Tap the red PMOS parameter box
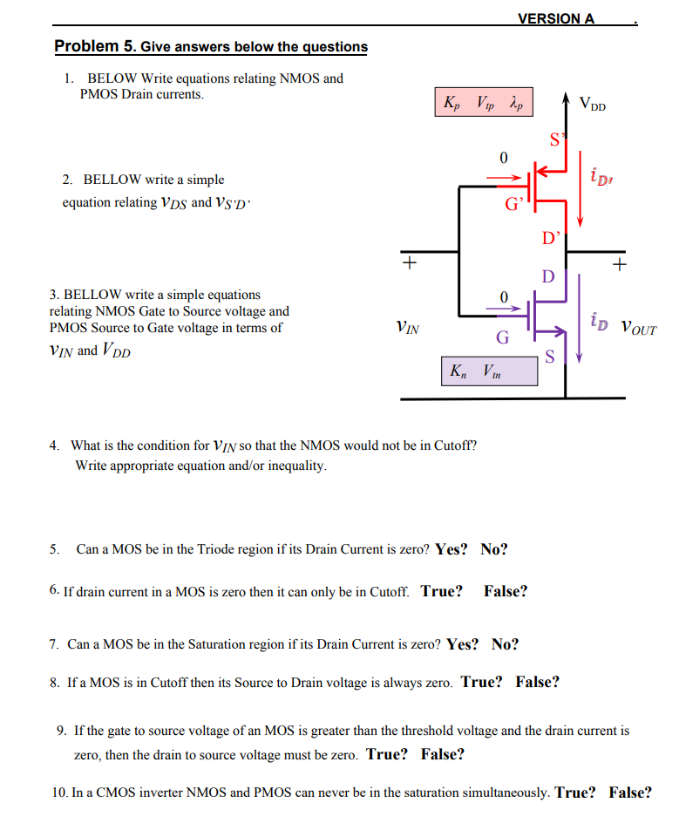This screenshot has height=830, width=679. tap(482, 102)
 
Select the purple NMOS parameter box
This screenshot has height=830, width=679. tap(489, 371)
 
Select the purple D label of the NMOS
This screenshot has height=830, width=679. tap(547, 276)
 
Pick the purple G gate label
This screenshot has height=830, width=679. tap(502, 337)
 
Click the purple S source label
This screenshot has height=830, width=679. tap(548, 355)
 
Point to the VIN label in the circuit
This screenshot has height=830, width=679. tap(407, 329)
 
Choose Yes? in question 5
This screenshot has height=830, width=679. tap(452, 549)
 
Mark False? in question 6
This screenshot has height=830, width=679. tap(506, 591)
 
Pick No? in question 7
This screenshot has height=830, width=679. tap(505, 644)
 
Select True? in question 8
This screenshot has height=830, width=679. tap(481, 682)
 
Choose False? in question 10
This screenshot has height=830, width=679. tap(630, 792)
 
